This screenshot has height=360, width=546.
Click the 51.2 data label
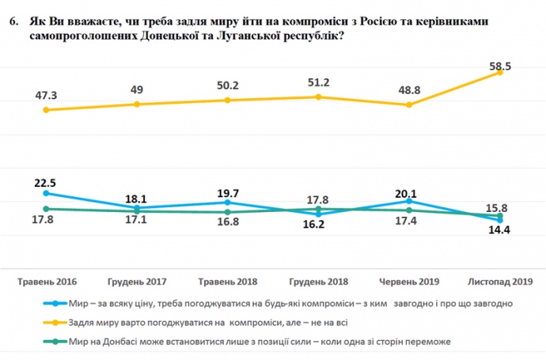[x=318, y=83]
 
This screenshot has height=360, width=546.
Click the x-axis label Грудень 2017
[x=137, y=282]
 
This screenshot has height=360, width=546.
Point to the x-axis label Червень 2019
[x=409, y=282]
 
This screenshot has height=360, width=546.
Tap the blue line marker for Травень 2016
[x=46, y=193]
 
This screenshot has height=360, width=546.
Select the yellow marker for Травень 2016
[x=46, y=110]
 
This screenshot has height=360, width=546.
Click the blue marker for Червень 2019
[x=409, y=201]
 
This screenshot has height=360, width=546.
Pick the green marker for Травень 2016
[x=46, y=209]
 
